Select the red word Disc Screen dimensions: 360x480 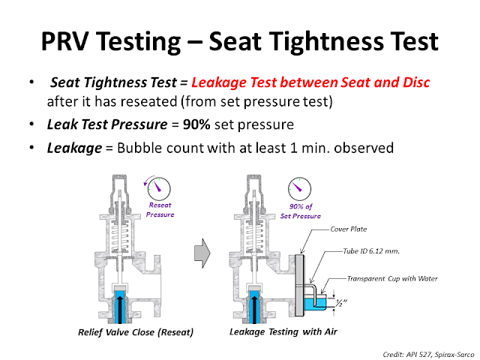[412, 82]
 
